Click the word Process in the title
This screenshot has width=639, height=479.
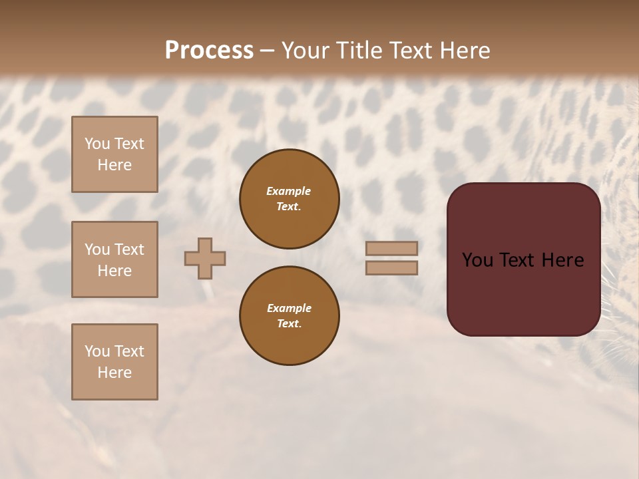click(209, 51)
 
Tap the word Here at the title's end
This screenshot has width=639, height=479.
click(465, 51)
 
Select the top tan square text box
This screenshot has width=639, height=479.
click(114, 154)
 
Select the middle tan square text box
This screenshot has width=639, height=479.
click(114, 259)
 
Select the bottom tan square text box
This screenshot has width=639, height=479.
click(114, 362)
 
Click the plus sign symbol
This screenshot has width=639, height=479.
click(205, 258)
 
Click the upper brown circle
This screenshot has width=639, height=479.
click(289, 199)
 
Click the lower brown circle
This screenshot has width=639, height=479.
click(289, 316)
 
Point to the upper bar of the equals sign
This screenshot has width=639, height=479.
click(391, 248)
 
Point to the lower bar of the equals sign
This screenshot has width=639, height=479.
click(391, 267)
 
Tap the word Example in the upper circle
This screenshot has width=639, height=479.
click(288, 191)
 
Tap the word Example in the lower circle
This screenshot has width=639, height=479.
click(289, 308)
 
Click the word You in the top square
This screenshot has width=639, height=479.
click(97, 144)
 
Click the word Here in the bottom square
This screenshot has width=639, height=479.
click(114, 373)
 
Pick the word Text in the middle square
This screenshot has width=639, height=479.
click(129, 249)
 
